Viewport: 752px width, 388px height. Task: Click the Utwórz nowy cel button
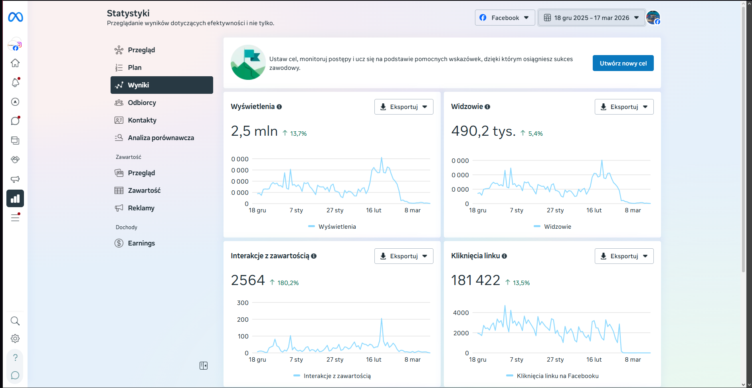(x=623, y=63)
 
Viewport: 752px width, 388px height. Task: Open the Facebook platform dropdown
(x=505, y=18)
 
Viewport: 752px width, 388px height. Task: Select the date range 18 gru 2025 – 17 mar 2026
(x=592, y=18)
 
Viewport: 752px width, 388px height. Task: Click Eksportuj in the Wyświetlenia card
(x=404, y=107)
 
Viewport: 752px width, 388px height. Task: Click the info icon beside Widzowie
(x=487, y=107)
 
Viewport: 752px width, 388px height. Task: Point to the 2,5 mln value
(x=254, y=131)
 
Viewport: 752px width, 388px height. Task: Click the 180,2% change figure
(x=288, y=283)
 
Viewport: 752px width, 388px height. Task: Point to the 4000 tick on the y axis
(x=461, y=313)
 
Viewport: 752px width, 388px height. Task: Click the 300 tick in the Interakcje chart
(x=243, y=303)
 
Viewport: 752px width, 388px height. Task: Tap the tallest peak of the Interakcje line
(x=382, y=319)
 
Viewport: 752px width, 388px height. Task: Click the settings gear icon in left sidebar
(x=15, y=339)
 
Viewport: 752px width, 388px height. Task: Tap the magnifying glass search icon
(x=15, y=321)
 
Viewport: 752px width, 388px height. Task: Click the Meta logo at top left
(x=16, y=17)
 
